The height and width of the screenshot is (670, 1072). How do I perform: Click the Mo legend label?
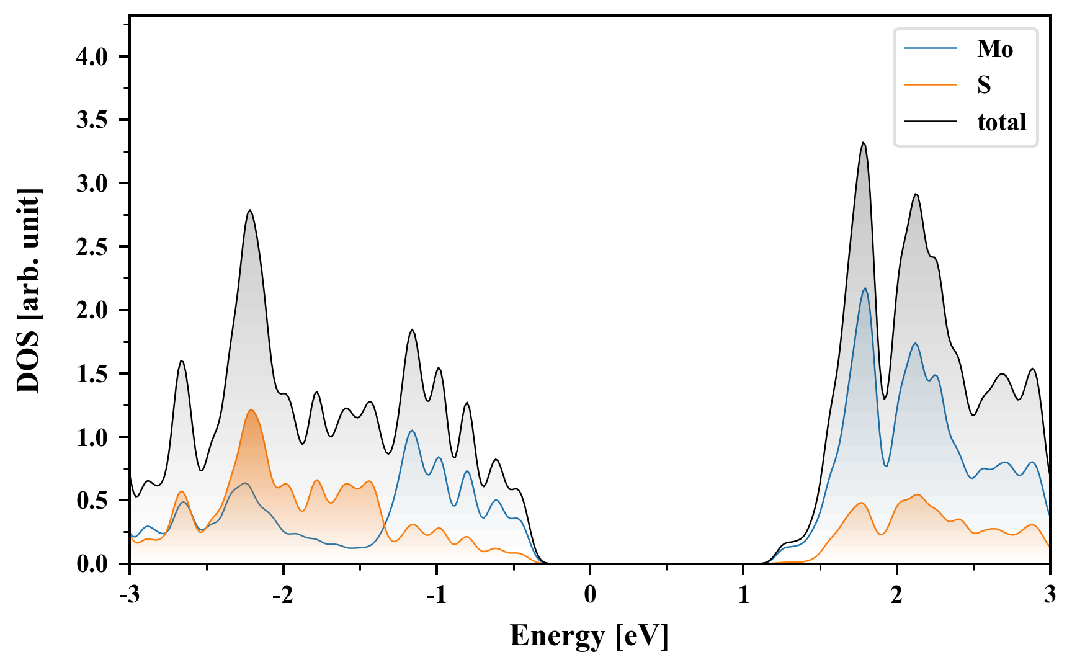pyautogui.click(x=994, y=49)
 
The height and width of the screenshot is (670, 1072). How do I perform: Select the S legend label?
pyautogui.click(x=984, y=85)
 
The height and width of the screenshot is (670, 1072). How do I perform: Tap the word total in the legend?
pyautogui.click(x=1001, y=122)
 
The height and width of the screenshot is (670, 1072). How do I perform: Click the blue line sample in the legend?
pyautogui.click(x=930, y=49)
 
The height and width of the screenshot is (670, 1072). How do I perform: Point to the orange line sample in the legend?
pyautogui.click(x=930, y=85)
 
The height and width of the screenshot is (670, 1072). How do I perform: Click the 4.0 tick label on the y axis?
pyautogui.click(x=92, y=57)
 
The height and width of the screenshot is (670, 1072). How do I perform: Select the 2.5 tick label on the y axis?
pyautogui.click(x=92, y=247)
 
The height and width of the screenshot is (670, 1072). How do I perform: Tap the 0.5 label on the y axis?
pyautogui.click(x=92, y=501)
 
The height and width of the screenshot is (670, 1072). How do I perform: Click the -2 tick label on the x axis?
pyautogui.click(x=283, y=595)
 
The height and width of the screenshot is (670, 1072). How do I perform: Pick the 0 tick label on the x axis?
pyautogui.click(x=590, y=595)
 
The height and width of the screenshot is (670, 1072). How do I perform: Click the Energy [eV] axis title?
pyautogui.click(x=589, y=636)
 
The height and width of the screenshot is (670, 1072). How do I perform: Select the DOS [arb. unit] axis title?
pyautogui.click(x=29, y=290)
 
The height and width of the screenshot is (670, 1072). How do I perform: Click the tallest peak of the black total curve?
pyautogui.click(x=863, y=143)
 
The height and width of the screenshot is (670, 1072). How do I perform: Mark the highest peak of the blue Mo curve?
pyautogui.click(x=865, y=288)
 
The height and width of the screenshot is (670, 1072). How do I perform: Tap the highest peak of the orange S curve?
pyautogui.click(x=251, y=410)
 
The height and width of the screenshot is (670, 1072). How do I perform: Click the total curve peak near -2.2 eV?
pyautogui.click(x=250, y=210)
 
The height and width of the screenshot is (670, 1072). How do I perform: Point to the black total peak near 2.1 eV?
pyautogui.click(x=915, y=194)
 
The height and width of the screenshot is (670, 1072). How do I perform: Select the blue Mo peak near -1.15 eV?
pyautogui.click(x=412, y=431)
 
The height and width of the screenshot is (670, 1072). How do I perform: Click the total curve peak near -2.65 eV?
pyautogui.click(x=181, y=360)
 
